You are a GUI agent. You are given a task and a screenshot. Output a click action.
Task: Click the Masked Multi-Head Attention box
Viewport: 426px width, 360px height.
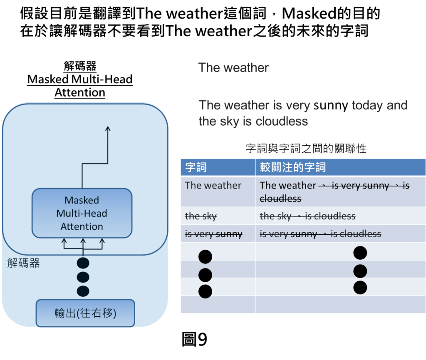82,213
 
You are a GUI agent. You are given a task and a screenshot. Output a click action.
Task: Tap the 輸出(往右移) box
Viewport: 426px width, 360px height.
85,313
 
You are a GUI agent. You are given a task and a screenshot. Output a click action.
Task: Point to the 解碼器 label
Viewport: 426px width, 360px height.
24,263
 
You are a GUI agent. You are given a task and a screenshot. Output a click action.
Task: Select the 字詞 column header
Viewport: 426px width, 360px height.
196,167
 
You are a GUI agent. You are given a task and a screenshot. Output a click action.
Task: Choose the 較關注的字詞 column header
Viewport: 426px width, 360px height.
293,167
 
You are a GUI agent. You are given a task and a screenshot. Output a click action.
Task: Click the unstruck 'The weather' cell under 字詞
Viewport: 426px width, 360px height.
213,186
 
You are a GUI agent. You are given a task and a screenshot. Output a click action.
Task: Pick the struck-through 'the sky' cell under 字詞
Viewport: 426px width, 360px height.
201,216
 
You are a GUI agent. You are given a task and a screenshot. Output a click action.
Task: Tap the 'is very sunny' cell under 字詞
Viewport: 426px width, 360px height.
213,234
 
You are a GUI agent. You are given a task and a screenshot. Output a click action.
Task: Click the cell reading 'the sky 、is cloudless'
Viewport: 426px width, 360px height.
307,216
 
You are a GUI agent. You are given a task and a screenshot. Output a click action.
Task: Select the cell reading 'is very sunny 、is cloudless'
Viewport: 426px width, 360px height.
320,234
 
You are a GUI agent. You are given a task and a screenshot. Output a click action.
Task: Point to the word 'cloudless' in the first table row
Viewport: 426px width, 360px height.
280,199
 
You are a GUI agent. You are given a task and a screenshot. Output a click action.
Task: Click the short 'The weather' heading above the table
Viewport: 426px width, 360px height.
233,68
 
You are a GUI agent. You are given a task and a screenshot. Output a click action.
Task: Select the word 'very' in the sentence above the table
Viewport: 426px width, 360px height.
298,106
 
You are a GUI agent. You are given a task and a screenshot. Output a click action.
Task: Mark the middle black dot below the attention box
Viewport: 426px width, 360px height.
83,277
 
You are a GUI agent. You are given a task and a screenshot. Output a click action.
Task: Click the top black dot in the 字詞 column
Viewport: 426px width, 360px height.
205,257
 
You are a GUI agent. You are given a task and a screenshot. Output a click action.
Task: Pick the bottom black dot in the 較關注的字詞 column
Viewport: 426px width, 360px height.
360,287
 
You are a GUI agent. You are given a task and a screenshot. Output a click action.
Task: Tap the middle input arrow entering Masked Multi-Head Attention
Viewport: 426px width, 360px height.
83,242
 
